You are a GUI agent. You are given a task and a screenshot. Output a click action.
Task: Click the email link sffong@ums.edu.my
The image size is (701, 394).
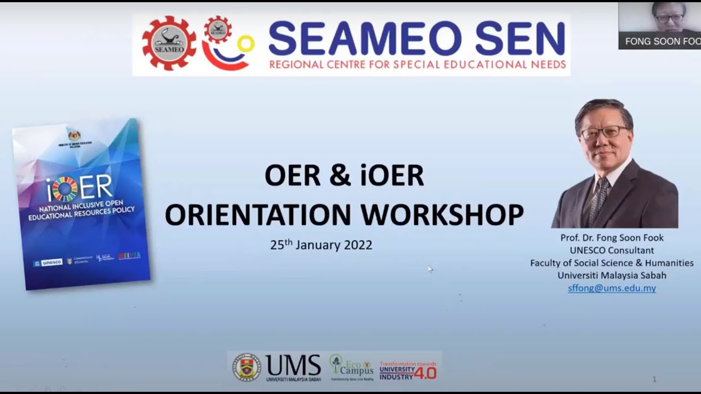(612, 288)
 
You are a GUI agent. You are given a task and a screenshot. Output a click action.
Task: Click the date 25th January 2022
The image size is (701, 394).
(321, 245)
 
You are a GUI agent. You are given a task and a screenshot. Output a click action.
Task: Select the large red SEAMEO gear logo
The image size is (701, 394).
(169, 43)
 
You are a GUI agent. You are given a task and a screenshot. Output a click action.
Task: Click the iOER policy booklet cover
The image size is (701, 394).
(81, 202)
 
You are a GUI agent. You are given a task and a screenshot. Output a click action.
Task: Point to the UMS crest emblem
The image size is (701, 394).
(246, 367)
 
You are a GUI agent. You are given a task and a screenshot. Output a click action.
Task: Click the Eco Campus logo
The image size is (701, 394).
(351, 367)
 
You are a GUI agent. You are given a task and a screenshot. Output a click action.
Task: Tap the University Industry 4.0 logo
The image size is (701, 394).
(408, 370)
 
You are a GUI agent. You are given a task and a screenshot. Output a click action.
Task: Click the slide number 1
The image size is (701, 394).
(654, 379)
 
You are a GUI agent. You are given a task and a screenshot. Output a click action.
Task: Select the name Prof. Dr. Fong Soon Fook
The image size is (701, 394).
(612, 238)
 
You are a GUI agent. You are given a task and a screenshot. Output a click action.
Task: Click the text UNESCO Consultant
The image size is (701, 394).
(612, 251)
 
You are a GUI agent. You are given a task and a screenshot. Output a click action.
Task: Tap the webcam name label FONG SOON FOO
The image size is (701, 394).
(662, 42)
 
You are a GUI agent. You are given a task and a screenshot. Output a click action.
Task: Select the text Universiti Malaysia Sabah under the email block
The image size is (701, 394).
(612, 276)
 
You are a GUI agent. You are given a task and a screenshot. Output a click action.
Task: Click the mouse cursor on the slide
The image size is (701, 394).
(430, 268)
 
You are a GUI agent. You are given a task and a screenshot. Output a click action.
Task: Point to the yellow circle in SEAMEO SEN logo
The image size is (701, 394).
(246, 44)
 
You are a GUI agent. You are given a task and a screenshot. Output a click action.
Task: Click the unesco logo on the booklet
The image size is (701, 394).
(49, 263)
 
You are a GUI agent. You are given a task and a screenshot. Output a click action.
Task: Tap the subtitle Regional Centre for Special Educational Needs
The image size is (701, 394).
(417, 65)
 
